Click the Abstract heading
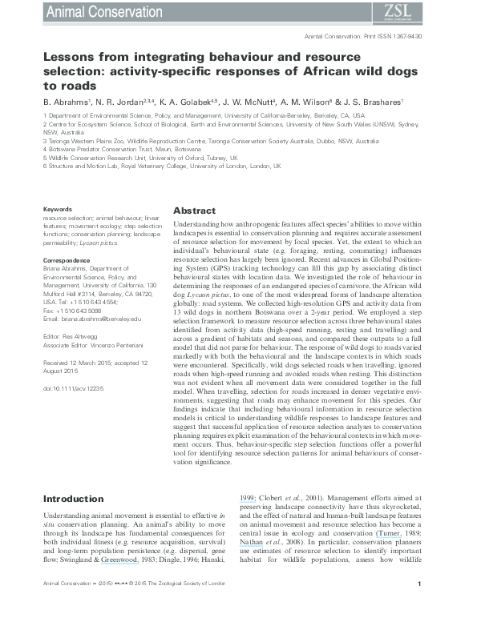194,211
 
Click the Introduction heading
74,499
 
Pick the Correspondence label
65,260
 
